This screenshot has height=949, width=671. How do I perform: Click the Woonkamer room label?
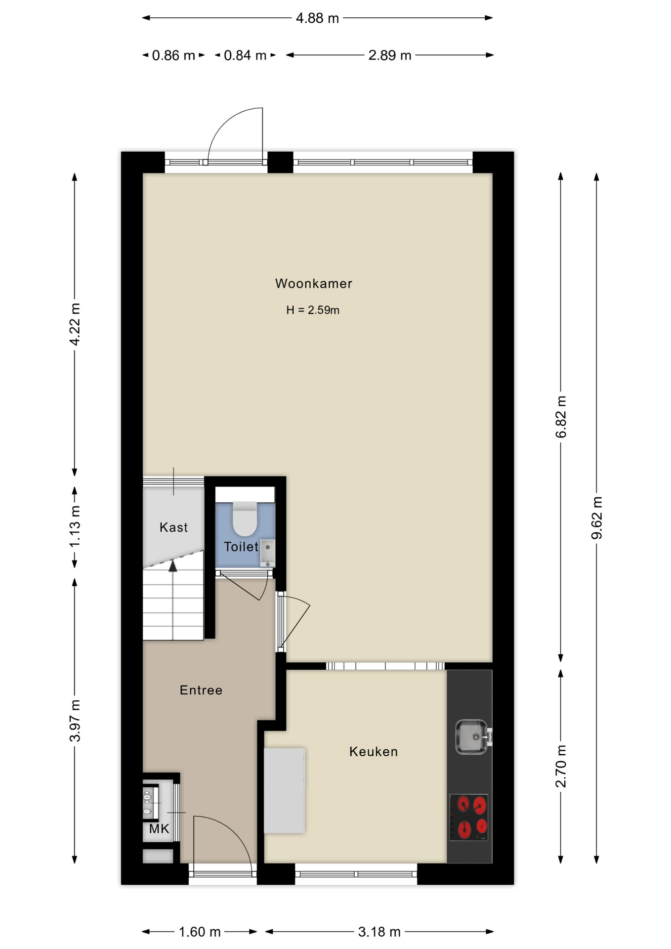pyautogui.click(x=314, y=284)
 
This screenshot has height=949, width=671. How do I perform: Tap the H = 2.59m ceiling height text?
pyautogui.click(x=313, y=310)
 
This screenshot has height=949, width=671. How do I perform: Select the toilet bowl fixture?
pyautogui.click(x=245, y=518)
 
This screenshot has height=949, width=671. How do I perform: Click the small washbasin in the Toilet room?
pyautogui.click(x=267, y=553)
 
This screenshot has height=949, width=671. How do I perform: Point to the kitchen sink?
pyautogui.click(x=472, y=736)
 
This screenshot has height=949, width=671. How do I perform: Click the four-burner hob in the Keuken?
pyautogui.click(x=469, y=818)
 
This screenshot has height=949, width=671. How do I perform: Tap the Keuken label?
pyautogui.click(x=374, y=752)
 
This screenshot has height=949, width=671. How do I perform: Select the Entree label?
pyautogui.click(x=201, y=690)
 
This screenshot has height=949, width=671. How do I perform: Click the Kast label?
pyautogui.click(x=173, y=527)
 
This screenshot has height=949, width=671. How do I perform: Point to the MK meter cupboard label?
pyautogui.click(x=159, y=829)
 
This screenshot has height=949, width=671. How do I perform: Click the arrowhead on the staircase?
pyautogui.click(x=172, y=566)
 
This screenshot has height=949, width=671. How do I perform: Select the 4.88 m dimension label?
pyautogui.click(x=317, y=18)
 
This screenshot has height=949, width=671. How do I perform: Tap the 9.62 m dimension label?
pyautogui.click(x=597, y=518)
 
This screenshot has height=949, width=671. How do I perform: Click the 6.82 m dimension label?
pyautogui.click(x=561, y=417)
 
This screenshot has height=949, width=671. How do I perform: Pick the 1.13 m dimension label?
pyautogui.click(x=75, y=527)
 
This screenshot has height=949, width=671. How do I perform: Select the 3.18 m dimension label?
pyautogui.click(x=379, y=932)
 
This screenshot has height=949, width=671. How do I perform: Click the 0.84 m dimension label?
pyautogui.click(x=245, y=55)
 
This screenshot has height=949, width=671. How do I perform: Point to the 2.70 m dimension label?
pyautogui.click(x=561, y=766)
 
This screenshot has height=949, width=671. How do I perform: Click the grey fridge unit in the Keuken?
pyautogui.click(x=284, y=791)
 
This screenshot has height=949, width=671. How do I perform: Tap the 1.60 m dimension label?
pyautogui.click(x=199, y=932)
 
